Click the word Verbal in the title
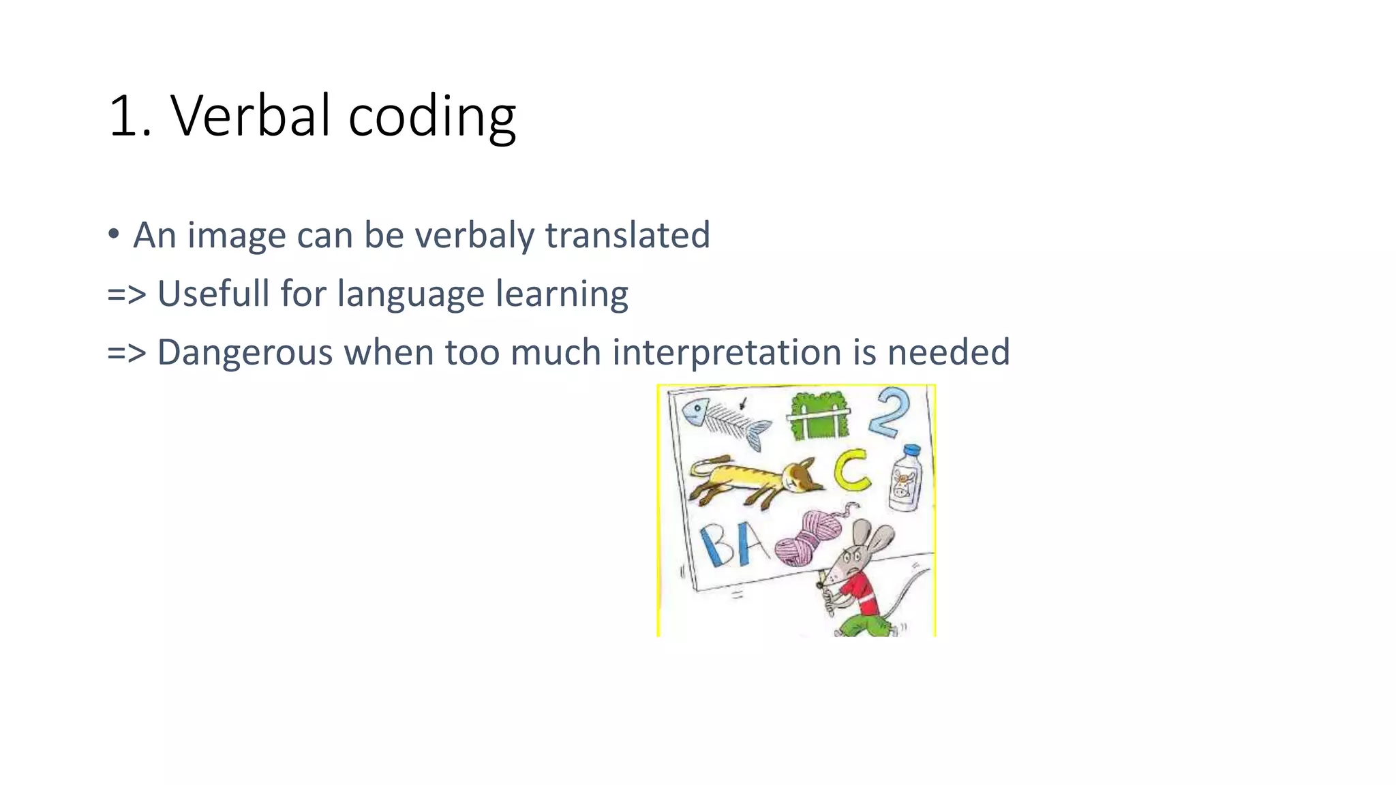click(249, 116)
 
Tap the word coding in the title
click(431, 117)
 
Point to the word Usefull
click(213, 294)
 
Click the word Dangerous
click(245, 352)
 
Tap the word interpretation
click(726, 352)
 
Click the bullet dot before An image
click(114, 234)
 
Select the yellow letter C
click(852, 471)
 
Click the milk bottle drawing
click(906, 479)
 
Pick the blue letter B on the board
click(716, 545)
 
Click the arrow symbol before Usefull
click(127, 294)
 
